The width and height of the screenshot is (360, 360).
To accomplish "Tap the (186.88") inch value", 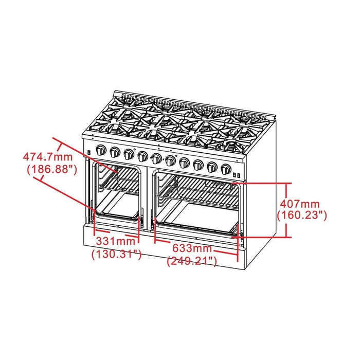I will (50, 168).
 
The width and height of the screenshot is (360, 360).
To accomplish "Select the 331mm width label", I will (115, 241).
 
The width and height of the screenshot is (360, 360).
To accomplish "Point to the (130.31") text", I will (116, 254).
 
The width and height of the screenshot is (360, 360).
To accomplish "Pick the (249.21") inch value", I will (192, 261).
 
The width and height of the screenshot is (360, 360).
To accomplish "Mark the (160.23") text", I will (302, 215).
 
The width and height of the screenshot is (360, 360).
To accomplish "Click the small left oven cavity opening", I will (117, 193).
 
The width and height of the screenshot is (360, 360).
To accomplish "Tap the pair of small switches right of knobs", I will (237, 175).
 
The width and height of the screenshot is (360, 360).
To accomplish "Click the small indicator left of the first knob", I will (89, 152).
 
